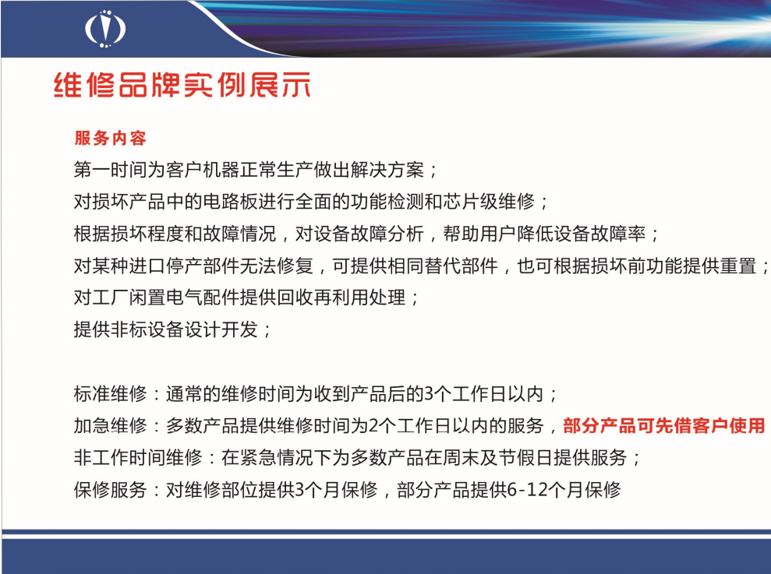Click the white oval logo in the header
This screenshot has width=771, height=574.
[x=105, y=29]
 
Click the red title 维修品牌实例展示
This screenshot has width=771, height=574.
[x=182, y=85]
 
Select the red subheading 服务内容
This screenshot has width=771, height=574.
[x=111, y=138]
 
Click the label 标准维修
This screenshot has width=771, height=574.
[x=110, y=393]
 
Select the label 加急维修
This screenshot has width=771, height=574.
[x=110, y=425]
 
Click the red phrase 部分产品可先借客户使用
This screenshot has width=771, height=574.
[x=664, y=425]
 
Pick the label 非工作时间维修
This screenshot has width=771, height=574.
[x=138, y=457]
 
